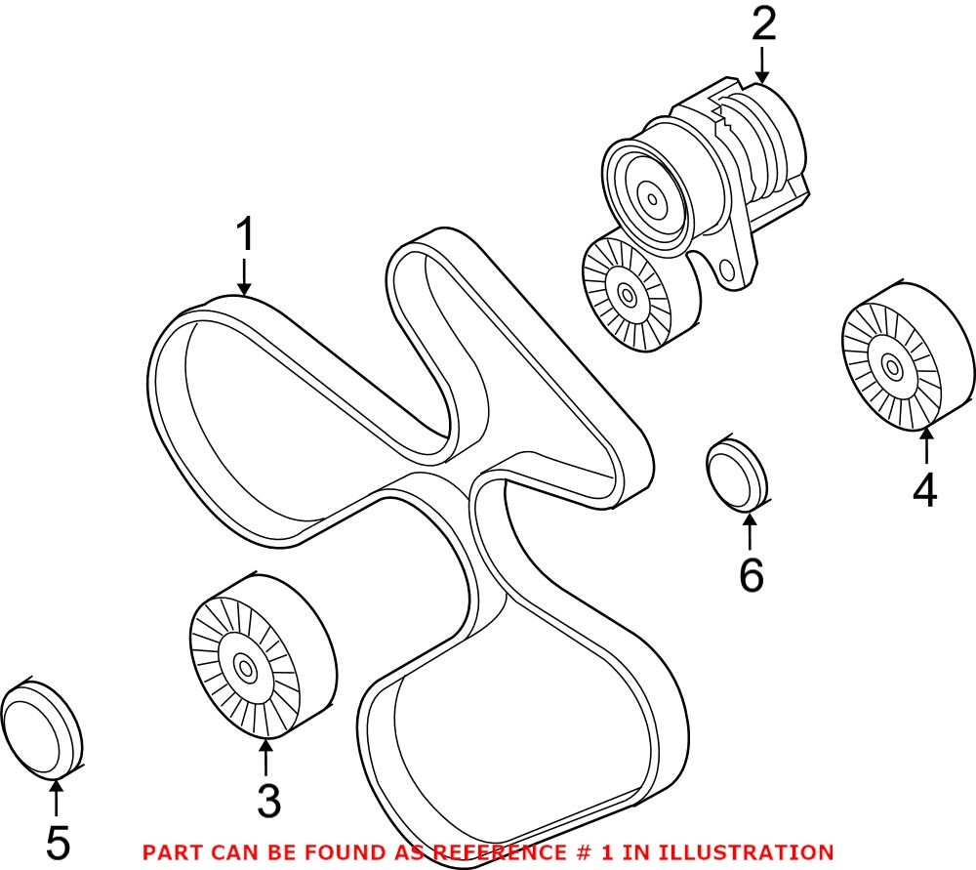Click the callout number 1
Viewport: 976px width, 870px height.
(244, 235)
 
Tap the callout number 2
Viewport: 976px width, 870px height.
(763, 24)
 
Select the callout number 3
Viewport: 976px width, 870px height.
(268, 800)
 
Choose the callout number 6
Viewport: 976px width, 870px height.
(751, 575)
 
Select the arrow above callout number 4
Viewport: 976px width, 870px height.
(924, 448)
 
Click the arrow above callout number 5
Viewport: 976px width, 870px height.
(57, 798)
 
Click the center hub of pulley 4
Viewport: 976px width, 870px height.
(891, 365)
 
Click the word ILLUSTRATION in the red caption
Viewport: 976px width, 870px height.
(756, 852)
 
